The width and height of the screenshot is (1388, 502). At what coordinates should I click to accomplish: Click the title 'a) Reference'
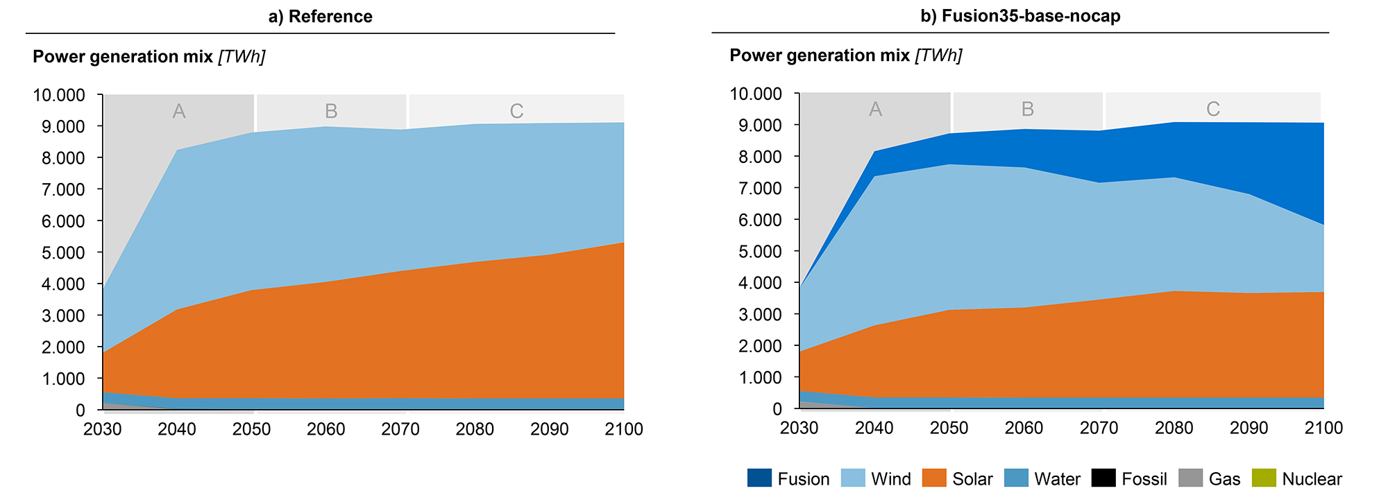(320, 17)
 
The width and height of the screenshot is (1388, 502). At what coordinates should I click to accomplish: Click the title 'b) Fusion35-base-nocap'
(1020, 16)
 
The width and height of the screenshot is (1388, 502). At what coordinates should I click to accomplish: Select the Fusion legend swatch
(759, 478)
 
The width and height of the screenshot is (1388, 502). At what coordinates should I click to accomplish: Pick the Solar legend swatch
(934, 478)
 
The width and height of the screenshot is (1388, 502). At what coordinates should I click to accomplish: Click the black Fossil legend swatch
(1103, 478)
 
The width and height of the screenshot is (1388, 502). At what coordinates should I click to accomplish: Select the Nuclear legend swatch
(1263, 478)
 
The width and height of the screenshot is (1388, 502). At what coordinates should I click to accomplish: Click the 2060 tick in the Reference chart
(326, 429)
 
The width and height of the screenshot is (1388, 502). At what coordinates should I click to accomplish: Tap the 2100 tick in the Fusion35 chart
(1323, 428)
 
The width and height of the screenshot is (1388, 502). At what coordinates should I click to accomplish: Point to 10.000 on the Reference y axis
(59, 95)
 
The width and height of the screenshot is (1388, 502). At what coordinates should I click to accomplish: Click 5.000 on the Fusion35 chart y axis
(756, 251)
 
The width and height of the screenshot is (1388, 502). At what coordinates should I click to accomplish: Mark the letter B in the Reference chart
(331, 111)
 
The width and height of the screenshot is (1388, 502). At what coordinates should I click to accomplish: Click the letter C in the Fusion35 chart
(1212, 109)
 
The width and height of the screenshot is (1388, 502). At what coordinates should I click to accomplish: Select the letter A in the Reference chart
(179, 111)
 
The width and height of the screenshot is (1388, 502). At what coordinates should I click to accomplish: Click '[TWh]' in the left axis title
(242, 57)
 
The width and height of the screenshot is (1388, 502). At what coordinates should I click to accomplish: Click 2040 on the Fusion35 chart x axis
(874, 428)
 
